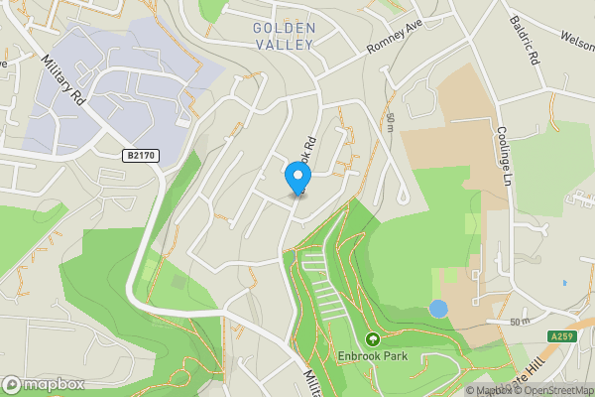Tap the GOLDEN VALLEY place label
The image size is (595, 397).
point(284,36)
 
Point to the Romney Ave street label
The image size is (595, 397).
point(396,38)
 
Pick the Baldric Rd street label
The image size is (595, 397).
point(524,40)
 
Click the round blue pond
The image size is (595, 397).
point(438,309)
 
